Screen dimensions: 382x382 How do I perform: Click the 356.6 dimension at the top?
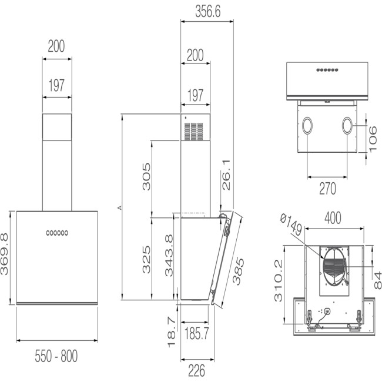point(206,11)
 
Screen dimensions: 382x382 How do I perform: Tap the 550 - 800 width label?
point(56,356)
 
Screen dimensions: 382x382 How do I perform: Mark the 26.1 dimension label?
point(227,175)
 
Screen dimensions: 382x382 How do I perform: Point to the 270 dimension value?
point(327,189)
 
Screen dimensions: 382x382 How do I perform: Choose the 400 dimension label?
point(333,218)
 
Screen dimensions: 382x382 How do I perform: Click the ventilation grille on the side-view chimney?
point(194,131)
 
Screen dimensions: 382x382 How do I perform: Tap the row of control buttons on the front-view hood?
point(57,233)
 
